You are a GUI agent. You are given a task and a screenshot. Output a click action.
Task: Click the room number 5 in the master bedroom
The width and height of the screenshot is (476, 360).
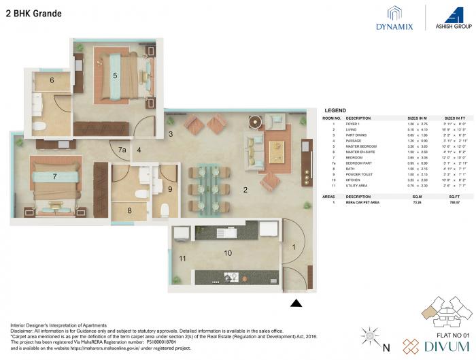(x=116, y=75)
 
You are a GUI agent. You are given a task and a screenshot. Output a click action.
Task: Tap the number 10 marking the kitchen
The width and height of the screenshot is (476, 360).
(x=228, y=253)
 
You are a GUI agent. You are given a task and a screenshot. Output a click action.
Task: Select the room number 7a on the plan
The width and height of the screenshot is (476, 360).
(x=122, y=149)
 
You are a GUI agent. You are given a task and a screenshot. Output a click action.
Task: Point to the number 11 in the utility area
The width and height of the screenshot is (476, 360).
(x=182, y=259)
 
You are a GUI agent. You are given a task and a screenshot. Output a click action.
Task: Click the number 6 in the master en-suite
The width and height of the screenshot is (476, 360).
(x=51, y=80)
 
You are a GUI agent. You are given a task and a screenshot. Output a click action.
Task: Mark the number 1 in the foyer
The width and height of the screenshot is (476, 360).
(x=294, y=248)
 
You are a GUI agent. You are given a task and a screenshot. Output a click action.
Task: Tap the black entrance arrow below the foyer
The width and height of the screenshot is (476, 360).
(x=296, y=304)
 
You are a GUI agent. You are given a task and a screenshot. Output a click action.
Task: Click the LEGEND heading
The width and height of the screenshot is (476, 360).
(x=335, y=110)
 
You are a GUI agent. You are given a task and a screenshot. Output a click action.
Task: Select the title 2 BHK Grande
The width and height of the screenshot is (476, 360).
(x=33, y=14)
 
